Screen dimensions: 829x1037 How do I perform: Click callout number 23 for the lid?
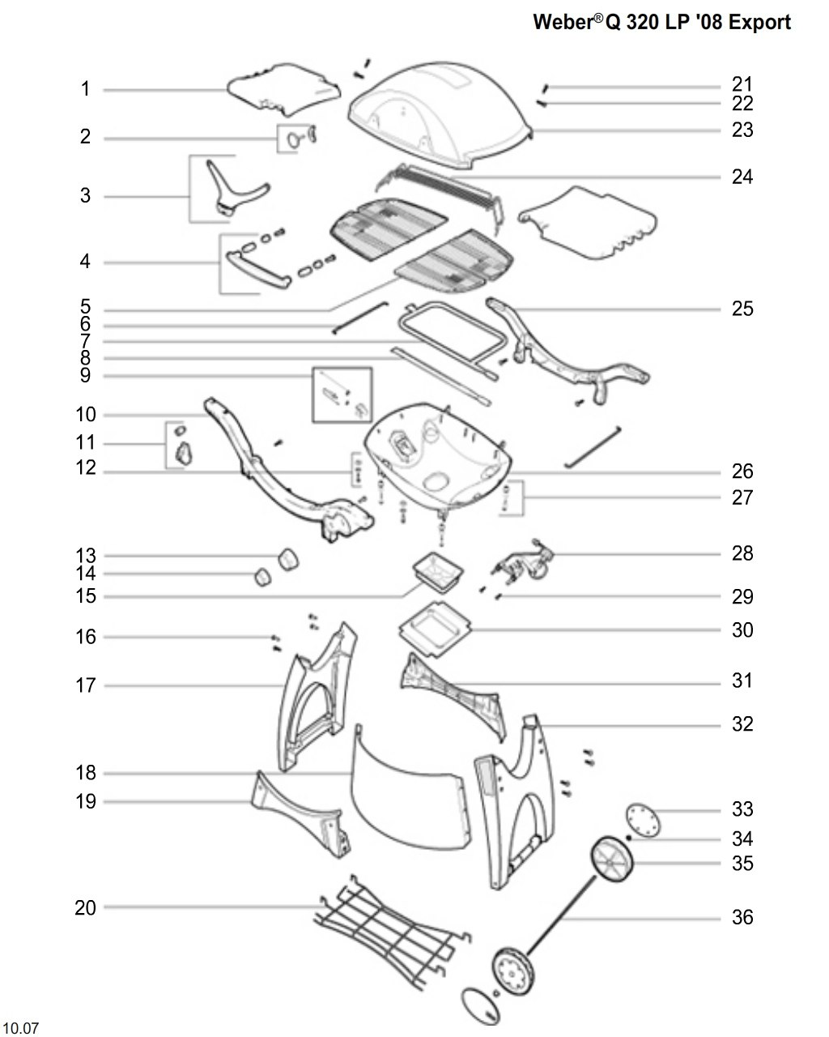pos(742,130)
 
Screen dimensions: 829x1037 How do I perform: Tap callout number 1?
pos(85,88)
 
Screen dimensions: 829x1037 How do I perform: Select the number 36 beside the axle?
pos(742,916)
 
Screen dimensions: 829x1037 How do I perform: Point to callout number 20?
pos(85,907)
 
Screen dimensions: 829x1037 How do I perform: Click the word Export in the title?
pos(759,22)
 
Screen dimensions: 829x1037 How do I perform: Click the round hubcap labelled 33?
pos(643,820)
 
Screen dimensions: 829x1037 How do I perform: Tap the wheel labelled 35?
pos(612,859)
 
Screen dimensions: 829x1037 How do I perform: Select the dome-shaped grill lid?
pos(440,115)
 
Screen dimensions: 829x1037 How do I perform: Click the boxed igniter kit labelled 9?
pos(342,395)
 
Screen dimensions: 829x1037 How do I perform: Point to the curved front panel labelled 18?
pos(410,787)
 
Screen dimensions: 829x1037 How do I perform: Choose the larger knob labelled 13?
pos(288,560)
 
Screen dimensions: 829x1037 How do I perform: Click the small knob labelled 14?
pos(262,577)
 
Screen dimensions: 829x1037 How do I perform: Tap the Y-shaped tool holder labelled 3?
pos(239,188)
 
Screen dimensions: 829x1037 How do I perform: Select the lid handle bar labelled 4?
pos(259,269)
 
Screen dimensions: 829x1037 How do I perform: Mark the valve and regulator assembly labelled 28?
pos(523,561)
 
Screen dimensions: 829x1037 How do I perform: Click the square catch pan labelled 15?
pos(438,571)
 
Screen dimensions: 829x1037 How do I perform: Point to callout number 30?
pos(742,629)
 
